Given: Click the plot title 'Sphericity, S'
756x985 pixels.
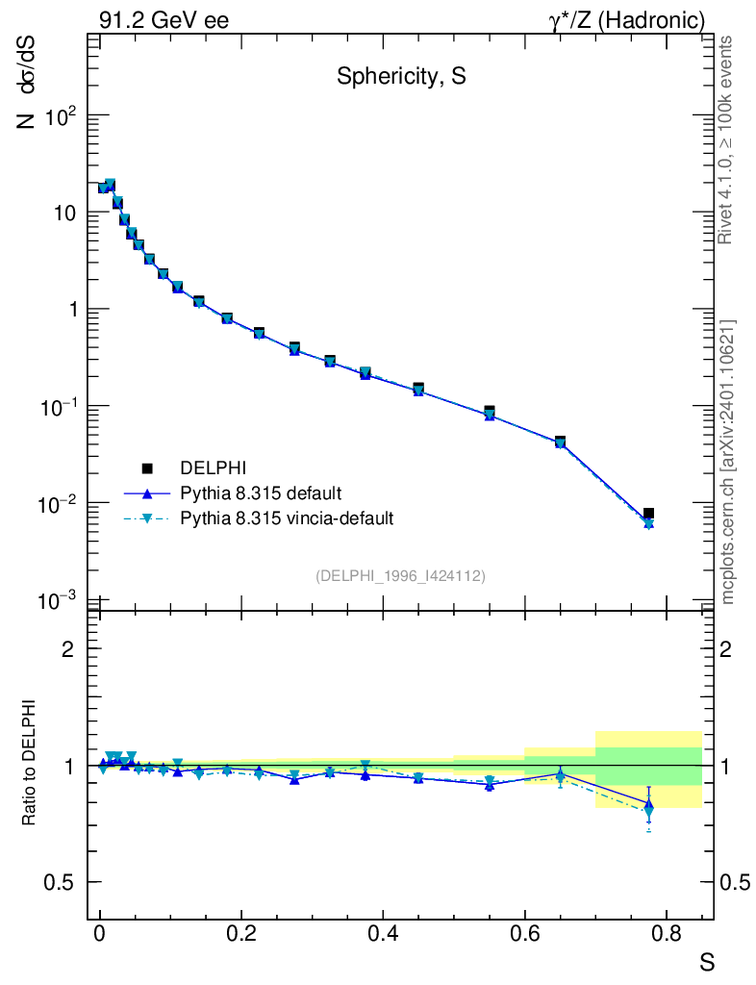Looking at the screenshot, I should (401, 77).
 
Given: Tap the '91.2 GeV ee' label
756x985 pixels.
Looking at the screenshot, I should (164, 20).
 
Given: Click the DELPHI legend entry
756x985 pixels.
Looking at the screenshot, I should (214, 468).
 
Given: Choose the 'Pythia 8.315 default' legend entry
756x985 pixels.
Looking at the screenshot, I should (260, 493).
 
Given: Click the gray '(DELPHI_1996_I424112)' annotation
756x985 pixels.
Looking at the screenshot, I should (400, 575).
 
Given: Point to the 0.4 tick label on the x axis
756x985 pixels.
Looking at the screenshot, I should (383, 934).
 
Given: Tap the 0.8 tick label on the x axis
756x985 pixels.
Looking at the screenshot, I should (667, 934).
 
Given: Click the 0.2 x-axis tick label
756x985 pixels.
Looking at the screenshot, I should (241, 934).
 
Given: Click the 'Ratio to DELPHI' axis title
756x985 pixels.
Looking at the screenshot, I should (30, 763).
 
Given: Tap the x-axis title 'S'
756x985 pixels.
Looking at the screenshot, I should (706, 962).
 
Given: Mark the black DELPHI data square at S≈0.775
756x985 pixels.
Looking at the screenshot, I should (649, 515).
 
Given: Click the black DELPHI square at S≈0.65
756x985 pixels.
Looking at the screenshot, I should (560, 442).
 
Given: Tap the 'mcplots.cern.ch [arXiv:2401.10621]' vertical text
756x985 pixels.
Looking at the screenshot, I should (727, 462).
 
